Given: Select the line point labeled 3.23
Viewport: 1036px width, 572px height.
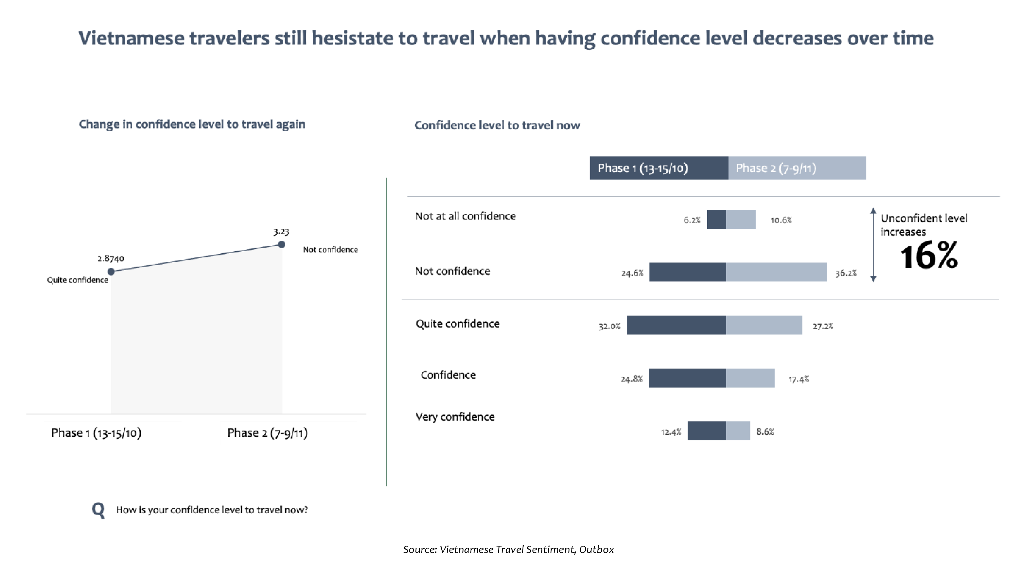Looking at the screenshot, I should tap(282, 244).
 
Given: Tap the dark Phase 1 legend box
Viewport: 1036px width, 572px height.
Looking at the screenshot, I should tap(659, 168).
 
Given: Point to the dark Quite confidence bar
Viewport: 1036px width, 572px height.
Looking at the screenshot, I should tap(676, 325).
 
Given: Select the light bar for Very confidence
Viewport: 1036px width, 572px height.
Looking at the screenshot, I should tap(738, 431).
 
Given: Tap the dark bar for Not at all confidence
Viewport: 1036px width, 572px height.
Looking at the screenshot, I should tap(717, 219).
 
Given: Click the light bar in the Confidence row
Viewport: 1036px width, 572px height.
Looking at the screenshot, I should tap(750, 378).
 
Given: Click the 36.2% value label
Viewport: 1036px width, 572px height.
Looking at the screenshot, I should tap(846, 273).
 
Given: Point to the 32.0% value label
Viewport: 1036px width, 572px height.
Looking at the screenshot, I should tap(609, 326).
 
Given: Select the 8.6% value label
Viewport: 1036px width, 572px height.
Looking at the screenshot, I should tap(765, 432).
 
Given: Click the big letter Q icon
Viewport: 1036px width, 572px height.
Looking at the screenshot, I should tap(98, 510).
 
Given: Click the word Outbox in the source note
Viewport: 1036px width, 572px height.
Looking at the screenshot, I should tap(596, 549).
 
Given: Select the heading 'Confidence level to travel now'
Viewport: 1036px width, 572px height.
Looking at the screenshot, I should tap(497, 125).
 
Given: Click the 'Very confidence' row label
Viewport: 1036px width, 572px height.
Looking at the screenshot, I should tap(455, 417).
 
